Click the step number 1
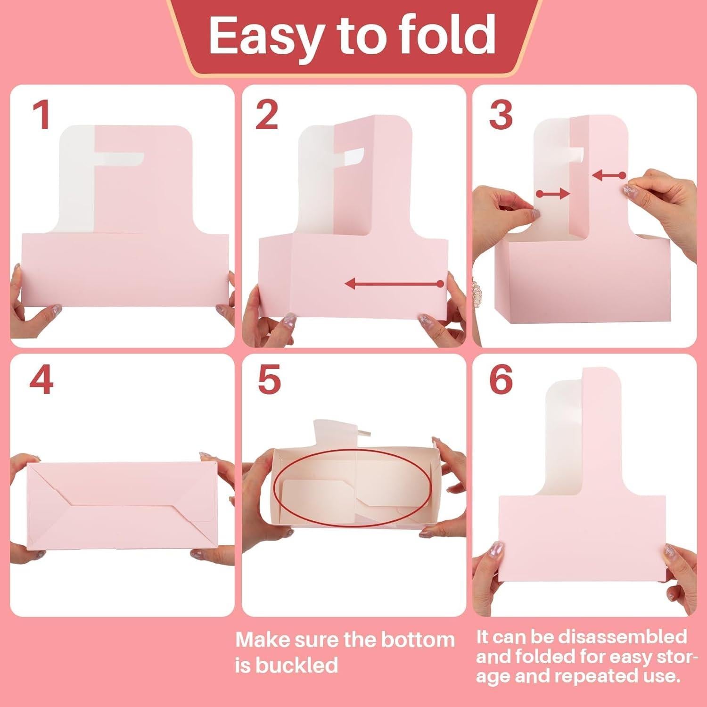click(x=42, y=116)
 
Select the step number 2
click(x=267, y=116)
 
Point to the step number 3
click(x=501, y=116)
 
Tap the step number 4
click(x=41, y=381)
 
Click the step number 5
click(x=269, y=381)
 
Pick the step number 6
click(x=501, y=381)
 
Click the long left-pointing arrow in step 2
click(x=394, y=284)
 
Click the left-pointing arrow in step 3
click(x=608, y=176)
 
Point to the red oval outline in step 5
click(x=353, y=451)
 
